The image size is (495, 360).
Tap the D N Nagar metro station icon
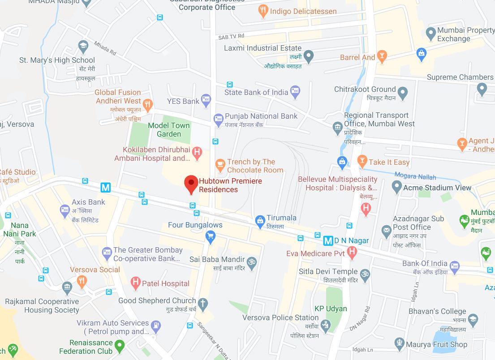tap(328, 241)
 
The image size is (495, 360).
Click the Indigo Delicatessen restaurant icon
tap(263, 11)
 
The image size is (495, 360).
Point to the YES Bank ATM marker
tap(206, 101)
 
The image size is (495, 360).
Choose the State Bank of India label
tap(256, 92)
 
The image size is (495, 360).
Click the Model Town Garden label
tap(169, 130)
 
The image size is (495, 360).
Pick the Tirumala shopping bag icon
tap(259, 221)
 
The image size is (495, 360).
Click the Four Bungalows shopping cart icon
tap(210, 236)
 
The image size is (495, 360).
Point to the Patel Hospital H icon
tap(135, 283)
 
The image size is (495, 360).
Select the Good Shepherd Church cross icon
tap(203, 304)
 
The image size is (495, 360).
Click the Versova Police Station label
tap(280, 318)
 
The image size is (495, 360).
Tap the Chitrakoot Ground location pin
tap(403, 94)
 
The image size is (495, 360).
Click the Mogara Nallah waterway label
tap(416, 176)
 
